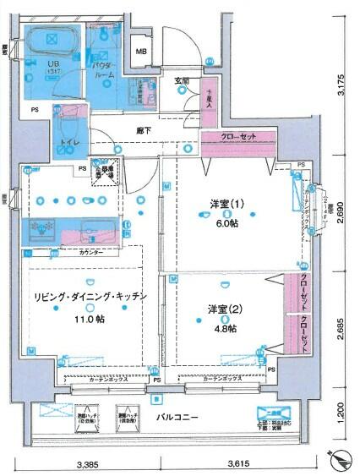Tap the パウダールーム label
tap(104, 69)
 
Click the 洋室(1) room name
tap(226, 204)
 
